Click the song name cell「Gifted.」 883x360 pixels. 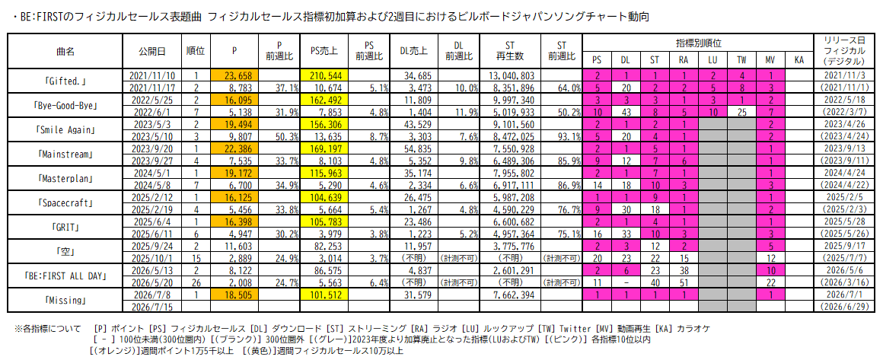point(65,81)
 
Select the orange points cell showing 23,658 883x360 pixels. point(234,75)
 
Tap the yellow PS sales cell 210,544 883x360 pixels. point(325,75)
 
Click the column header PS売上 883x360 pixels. point(325,51)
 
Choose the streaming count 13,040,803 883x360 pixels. point(510,75)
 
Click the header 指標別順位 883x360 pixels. point(699,43)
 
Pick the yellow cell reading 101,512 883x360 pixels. point(325,294)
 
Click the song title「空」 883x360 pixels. point(65,251)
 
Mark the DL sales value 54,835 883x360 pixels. point(416,148)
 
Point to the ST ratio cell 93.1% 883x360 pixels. point(562,135)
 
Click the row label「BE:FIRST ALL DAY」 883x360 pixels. point(65,276)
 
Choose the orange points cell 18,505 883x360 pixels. point(234,294)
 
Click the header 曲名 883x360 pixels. point(65,51)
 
